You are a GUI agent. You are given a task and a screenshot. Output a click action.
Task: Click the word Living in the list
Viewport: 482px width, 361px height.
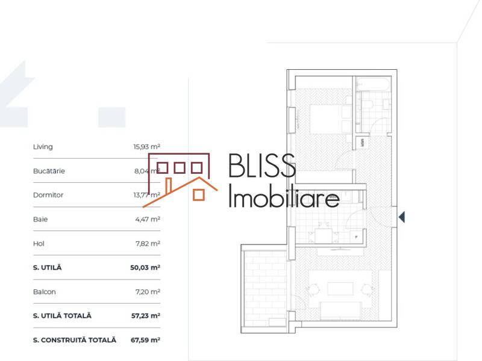coord(43,147)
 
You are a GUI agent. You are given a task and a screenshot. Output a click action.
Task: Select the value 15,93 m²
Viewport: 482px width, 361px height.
coord(146,147)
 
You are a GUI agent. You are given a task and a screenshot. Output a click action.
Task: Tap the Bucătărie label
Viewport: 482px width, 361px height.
coord(49,171)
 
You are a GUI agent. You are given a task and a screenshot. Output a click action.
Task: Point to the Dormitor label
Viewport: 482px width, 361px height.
coord(48,195)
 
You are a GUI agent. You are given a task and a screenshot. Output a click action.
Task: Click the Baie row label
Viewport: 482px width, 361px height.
coord(40,219)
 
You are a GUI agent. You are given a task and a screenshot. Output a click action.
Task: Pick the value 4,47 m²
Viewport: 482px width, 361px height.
coord(148,219)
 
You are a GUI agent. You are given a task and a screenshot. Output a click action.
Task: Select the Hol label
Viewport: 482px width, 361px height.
coord(39,244)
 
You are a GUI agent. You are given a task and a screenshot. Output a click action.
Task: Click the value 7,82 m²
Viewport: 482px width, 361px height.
coord(148,244)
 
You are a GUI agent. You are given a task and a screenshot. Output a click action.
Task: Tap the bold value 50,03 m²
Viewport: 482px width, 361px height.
coord(146,267)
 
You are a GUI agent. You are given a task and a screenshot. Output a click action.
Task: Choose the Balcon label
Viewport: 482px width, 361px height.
coord(45,292)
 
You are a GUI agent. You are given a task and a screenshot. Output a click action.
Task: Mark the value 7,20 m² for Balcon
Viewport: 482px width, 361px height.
coord(148,292)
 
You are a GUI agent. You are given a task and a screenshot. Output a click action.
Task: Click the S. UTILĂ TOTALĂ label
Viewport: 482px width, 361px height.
coord(63,315)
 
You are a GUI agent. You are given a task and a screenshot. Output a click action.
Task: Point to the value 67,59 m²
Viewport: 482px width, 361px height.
coord(145,340)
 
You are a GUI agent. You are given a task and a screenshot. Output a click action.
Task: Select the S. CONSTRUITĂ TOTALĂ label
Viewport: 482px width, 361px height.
coord(74,340)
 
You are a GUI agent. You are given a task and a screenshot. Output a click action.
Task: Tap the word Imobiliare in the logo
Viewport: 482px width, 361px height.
coord(283,197)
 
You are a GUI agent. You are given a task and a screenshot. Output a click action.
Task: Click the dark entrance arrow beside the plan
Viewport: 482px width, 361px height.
coord(401,217)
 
